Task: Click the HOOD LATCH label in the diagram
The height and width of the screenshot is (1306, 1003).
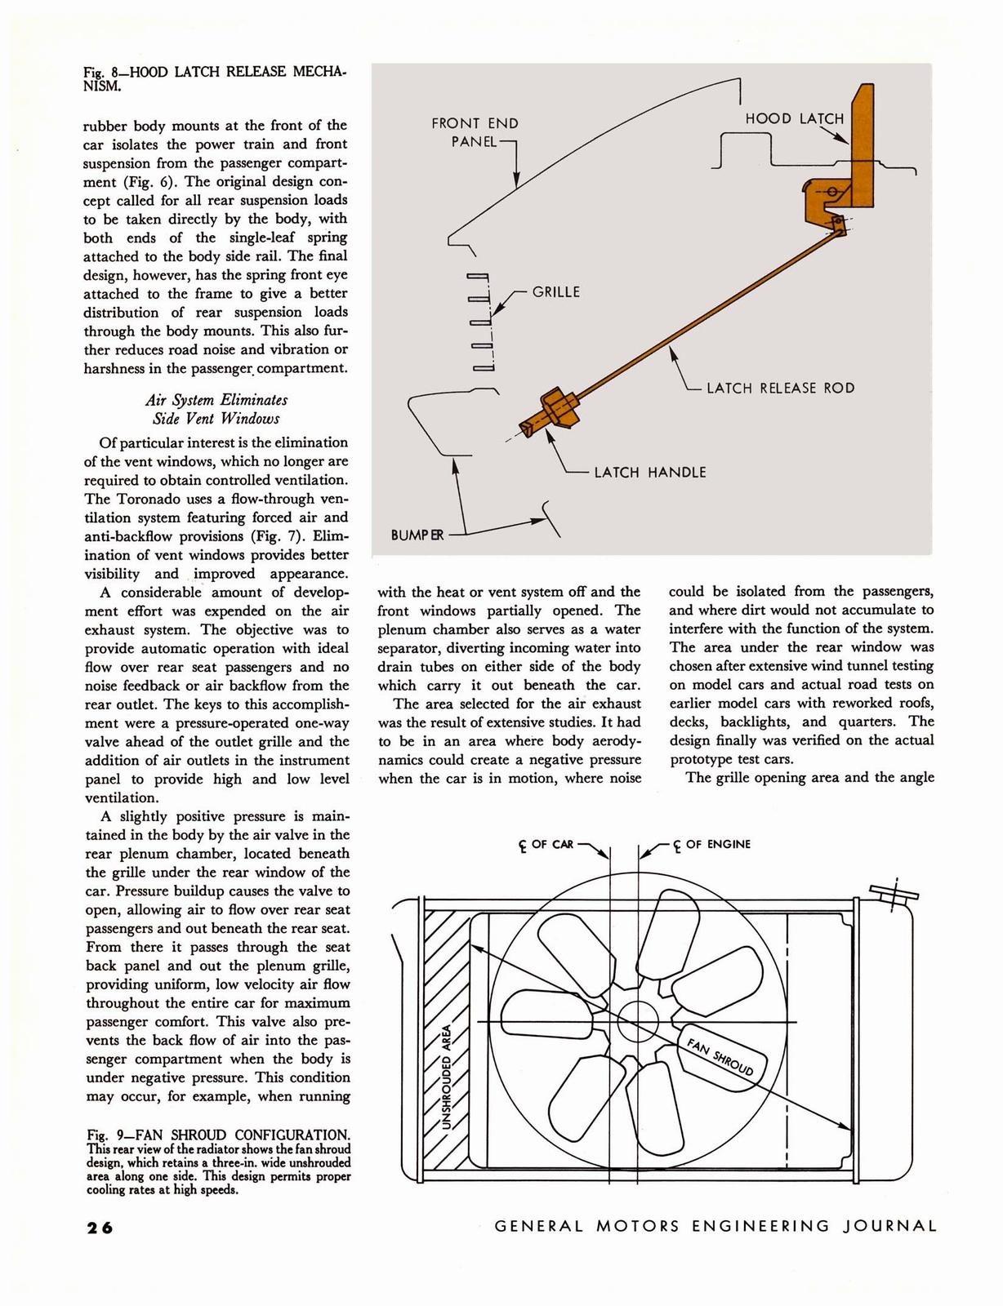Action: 794,118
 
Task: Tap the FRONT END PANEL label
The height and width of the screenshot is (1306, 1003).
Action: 475,132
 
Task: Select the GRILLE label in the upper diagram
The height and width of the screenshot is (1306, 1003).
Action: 555,292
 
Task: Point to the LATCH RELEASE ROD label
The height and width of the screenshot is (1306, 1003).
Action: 780,388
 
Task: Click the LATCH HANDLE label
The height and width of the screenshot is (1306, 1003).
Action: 649,472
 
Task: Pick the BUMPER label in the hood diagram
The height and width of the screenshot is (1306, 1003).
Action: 417,535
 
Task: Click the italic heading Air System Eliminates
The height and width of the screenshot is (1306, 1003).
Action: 216,400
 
